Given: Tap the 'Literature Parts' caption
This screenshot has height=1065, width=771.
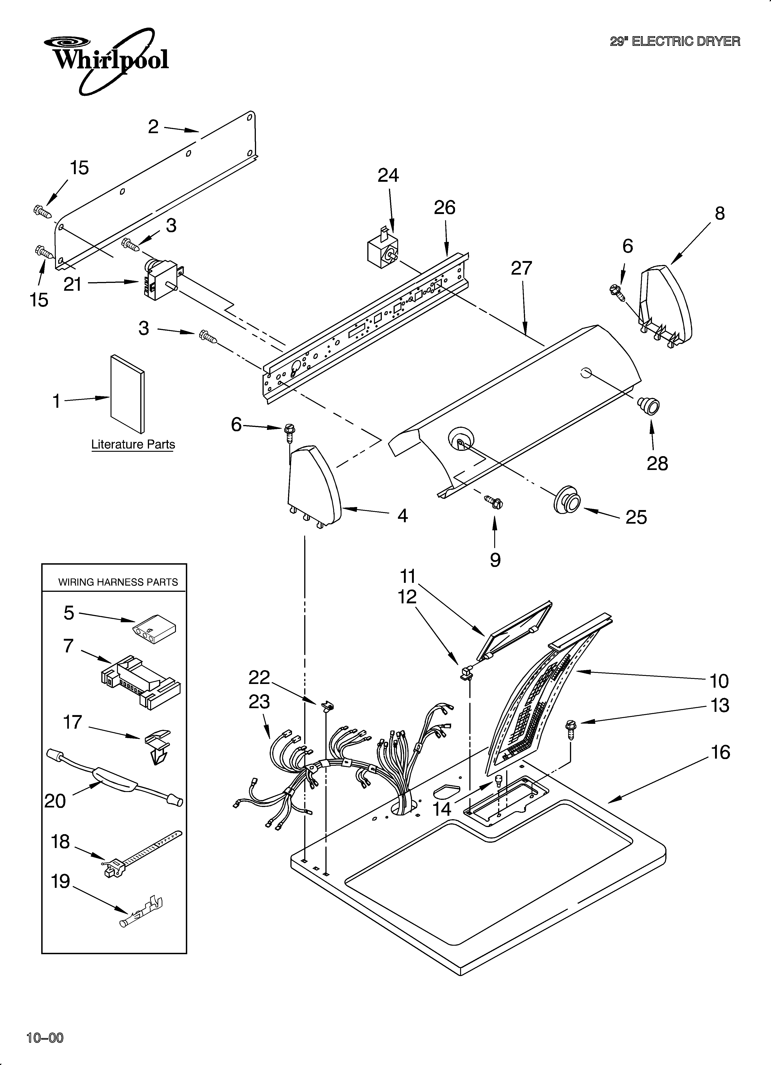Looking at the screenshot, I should pos(133,444).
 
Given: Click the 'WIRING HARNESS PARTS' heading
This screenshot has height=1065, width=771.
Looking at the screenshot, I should pos(118,582).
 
